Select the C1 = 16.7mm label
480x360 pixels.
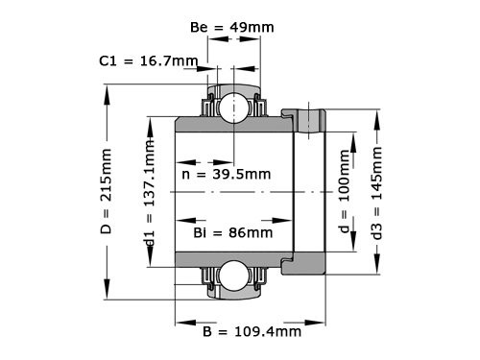click(x=149, y=61)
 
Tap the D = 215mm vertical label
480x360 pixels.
click(x=107, y=190)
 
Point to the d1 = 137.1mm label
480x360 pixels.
click(x=149, y=192)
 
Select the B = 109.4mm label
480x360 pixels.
click(x=252, y=332)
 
